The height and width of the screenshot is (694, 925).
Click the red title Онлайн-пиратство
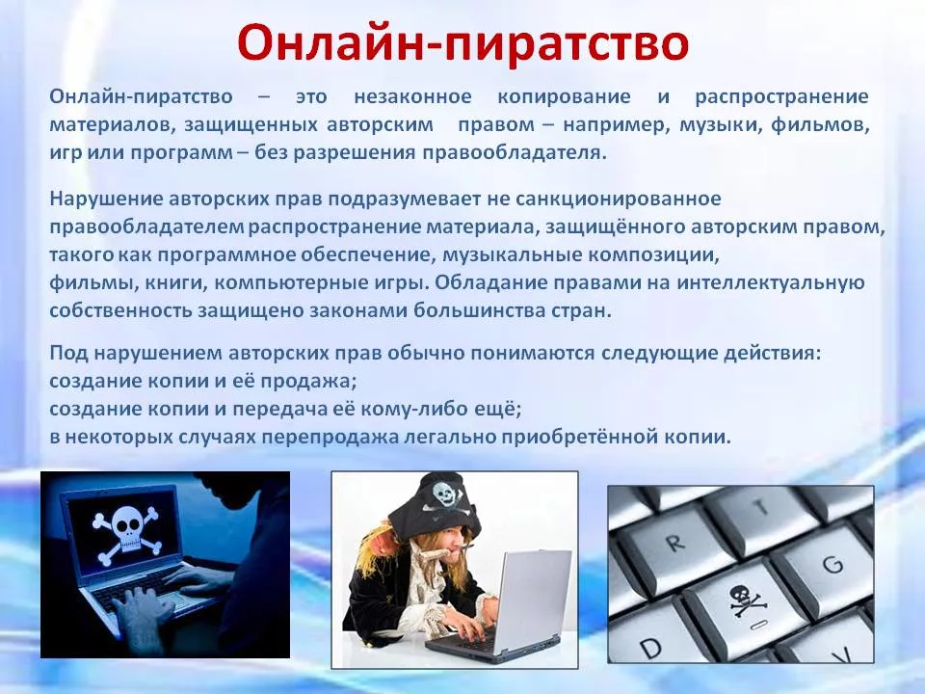pyautogui.click(x=463, y=42)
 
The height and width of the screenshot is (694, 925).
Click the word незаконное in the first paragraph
pyautogui.click(x=412, y=96)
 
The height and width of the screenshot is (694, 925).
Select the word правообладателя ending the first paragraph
pyautogui.click(x=514, y=153)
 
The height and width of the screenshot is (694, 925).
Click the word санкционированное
pyautogui.click(x=618, y=199)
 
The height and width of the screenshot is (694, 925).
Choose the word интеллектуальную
pyautogui.click(x=770, y=282)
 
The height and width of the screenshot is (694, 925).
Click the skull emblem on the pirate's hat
pyautogui.click(x=446, y=495)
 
